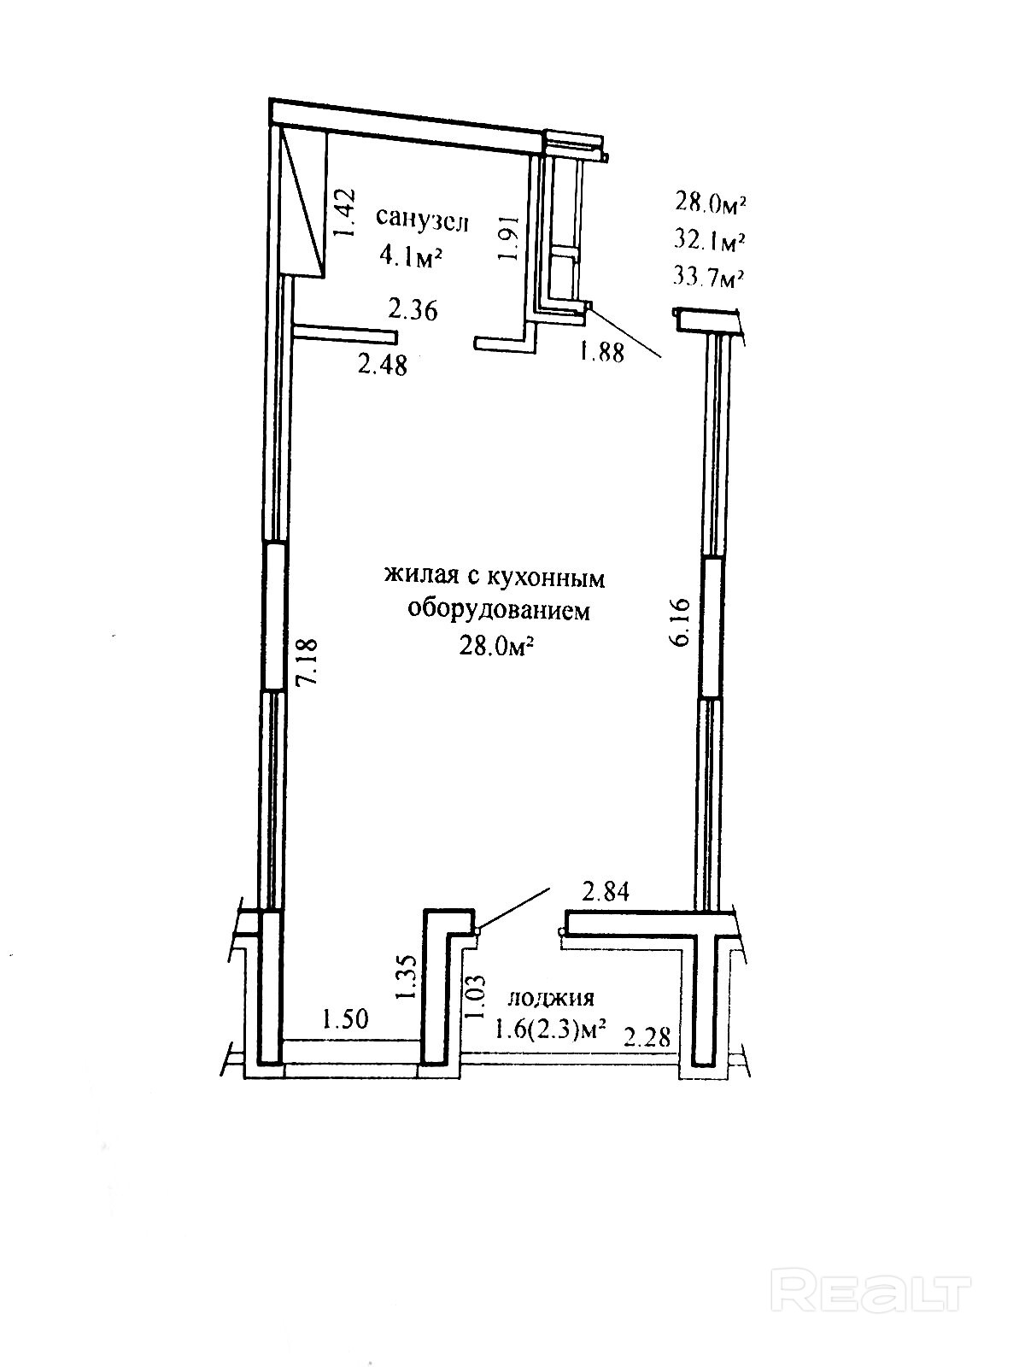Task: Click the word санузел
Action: tap(423, 220)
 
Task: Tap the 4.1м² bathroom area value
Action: tap(413, 255)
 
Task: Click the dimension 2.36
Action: tap(413, 309)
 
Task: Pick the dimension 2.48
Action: tap(383, 366)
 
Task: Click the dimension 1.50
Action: tap(344, 1018)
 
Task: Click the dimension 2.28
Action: tap(647, 1037)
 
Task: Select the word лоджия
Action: tap(551, 998)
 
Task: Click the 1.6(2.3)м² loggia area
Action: tap(550, 1030)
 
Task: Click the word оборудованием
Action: tap(498, 611)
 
